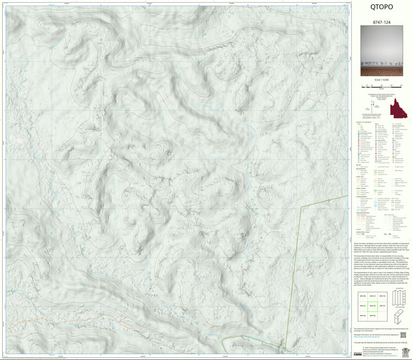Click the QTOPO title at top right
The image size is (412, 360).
(x=381, y=8)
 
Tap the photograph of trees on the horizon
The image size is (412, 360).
(x=381, y=54)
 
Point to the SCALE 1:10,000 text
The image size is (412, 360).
(x=381, y=80)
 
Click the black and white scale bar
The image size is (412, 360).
(x=381, y=85)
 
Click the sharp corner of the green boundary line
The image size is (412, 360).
(x=301, y=206)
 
